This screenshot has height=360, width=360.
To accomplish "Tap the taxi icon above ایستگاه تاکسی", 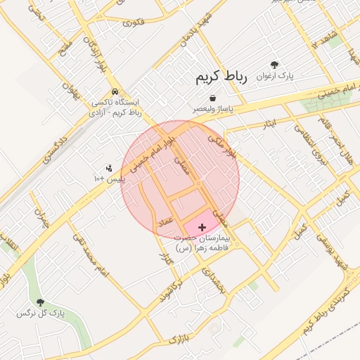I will pos(114,92).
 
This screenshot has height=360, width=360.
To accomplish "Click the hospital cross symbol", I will pos(202,227).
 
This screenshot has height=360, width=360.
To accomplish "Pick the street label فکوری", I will pos(133,22).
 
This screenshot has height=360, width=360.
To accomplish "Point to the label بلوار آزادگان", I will pos(92,45).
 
